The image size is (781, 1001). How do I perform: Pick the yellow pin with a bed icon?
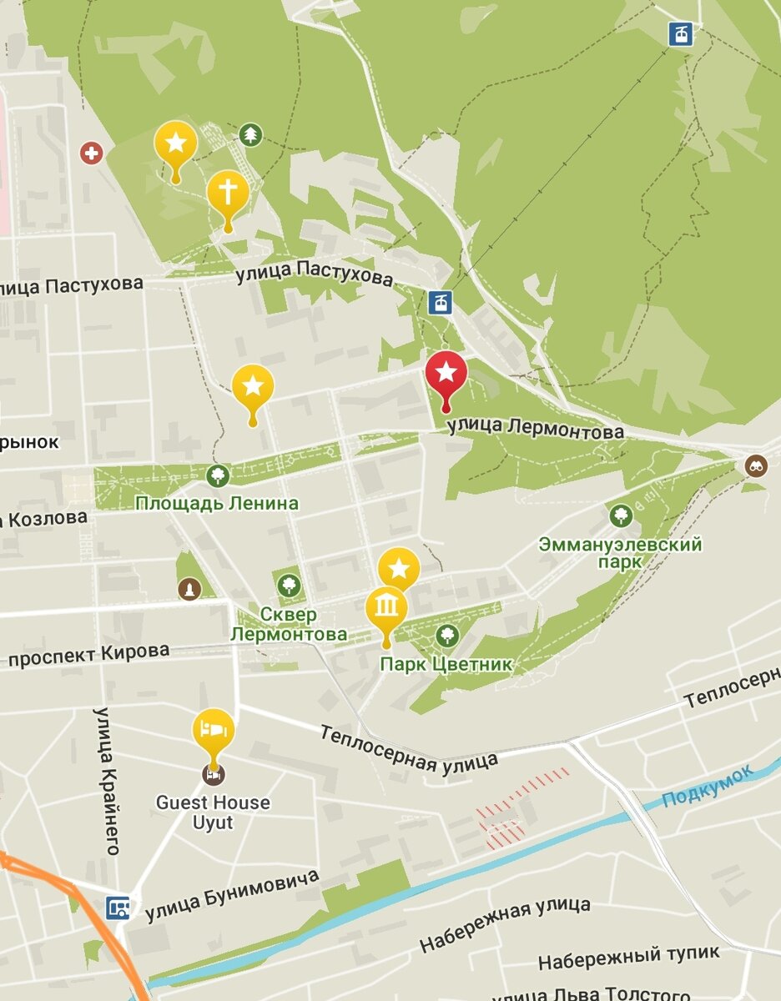214,731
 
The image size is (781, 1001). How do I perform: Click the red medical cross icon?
91,153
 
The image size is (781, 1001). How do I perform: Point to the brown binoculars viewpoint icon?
756,465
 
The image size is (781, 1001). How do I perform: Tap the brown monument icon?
189,590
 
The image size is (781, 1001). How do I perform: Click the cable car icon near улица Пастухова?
440,302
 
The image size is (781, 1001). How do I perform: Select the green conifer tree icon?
249,134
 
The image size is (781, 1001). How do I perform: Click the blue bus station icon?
118,907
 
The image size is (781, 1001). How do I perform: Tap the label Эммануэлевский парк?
620,553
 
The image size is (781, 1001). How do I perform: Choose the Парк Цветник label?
446,665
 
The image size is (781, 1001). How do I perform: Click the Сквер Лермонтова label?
288,625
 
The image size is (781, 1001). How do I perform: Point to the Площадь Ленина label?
217,504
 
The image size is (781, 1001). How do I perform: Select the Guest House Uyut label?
213,812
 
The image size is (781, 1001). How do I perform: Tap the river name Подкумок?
707,787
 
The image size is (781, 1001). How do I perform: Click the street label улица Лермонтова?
535,429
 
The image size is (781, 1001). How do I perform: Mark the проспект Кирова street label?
88,655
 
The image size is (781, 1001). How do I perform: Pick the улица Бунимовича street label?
232,896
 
